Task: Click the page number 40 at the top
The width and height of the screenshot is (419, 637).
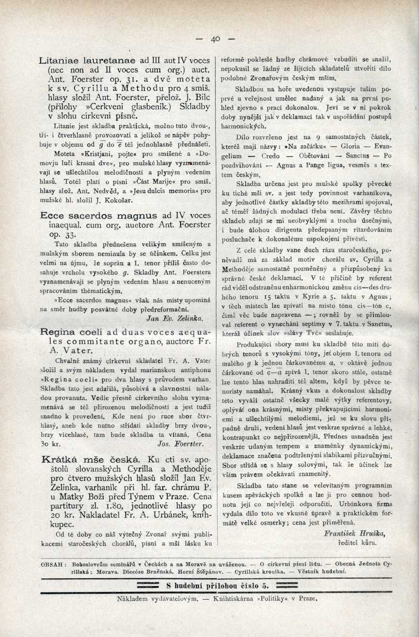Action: pos(215,39)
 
